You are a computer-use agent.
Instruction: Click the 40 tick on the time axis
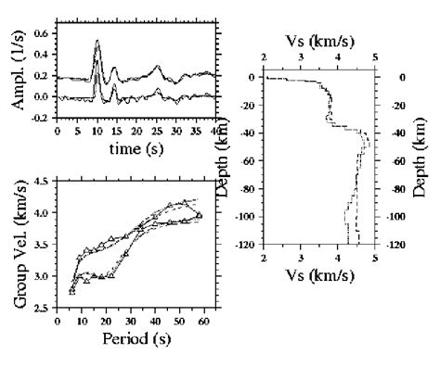[216, 130]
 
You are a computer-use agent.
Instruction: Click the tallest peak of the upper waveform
[97, 41]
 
